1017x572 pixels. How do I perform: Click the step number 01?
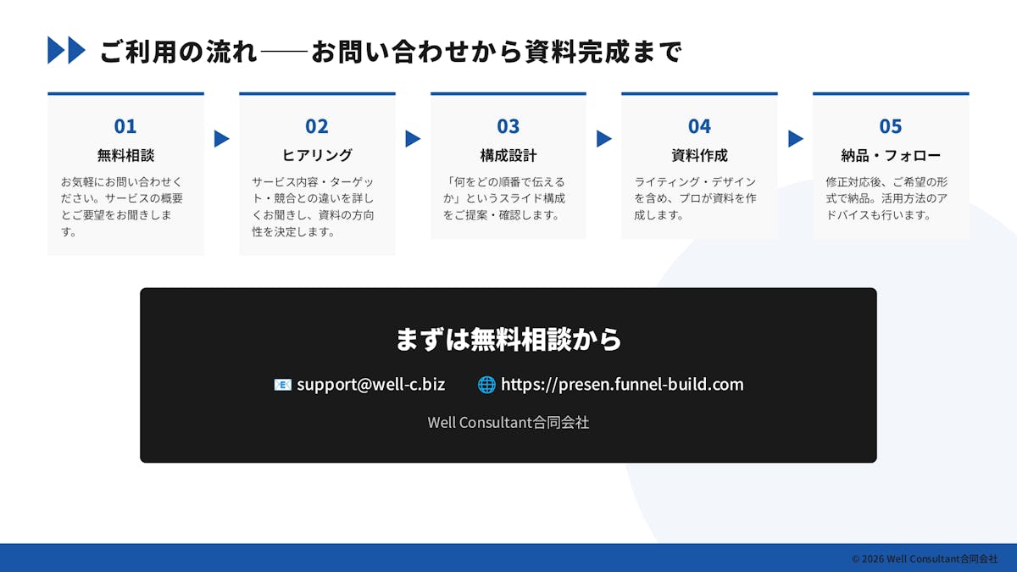(x=125, y=126)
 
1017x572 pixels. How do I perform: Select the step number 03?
(x=508, y=126)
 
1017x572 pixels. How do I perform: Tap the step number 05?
(x=891, y=126)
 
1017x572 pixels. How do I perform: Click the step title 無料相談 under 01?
(x=125, y=155)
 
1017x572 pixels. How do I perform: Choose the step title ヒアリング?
(x=317, y=155)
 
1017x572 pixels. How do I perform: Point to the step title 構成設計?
(x=508, y=155)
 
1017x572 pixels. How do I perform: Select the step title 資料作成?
(x=699, y=155)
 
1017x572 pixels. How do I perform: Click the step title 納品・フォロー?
(x=891, y=155)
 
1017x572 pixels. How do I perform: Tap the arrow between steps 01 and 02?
(x=221, y=139)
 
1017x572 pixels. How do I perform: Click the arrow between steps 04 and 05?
(x=796, y=139)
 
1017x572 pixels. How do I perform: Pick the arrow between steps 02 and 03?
(x=413, y=139)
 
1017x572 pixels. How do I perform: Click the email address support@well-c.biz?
(x=371, y=385)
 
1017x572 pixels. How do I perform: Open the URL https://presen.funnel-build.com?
(x=622, y=385)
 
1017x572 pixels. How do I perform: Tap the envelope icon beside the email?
(x=282, y=385)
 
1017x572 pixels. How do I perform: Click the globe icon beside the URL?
(x=486, y=385)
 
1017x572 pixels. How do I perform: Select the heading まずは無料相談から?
(x=508, y=339)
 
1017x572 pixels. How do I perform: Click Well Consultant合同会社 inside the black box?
(x=508, y=423)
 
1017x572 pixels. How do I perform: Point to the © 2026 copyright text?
(x=925, y=558)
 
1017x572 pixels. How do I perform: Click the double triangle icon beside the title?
(x=66, y=50)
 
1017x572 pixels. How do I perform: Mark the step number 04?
(x=699, y=126)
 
